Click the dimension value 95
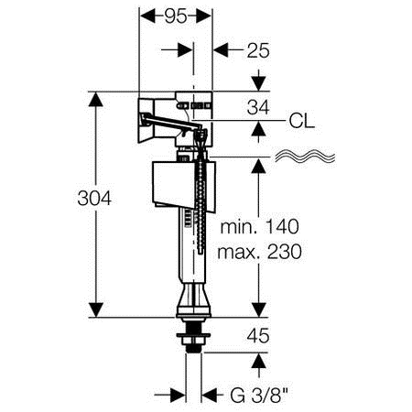click(176, 16)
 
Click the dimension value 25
click(258, 50)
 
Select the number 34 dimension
click(258, 107)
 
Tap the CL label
click(301, 121)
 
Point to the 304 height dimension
click(94, 198)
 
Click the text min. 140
click(259, 227)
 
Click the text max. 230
click(259, 252)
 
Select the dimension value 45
click(258, 336)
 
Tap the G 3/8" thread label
click(259, 396)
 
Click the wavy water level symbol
click(305, 157)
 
